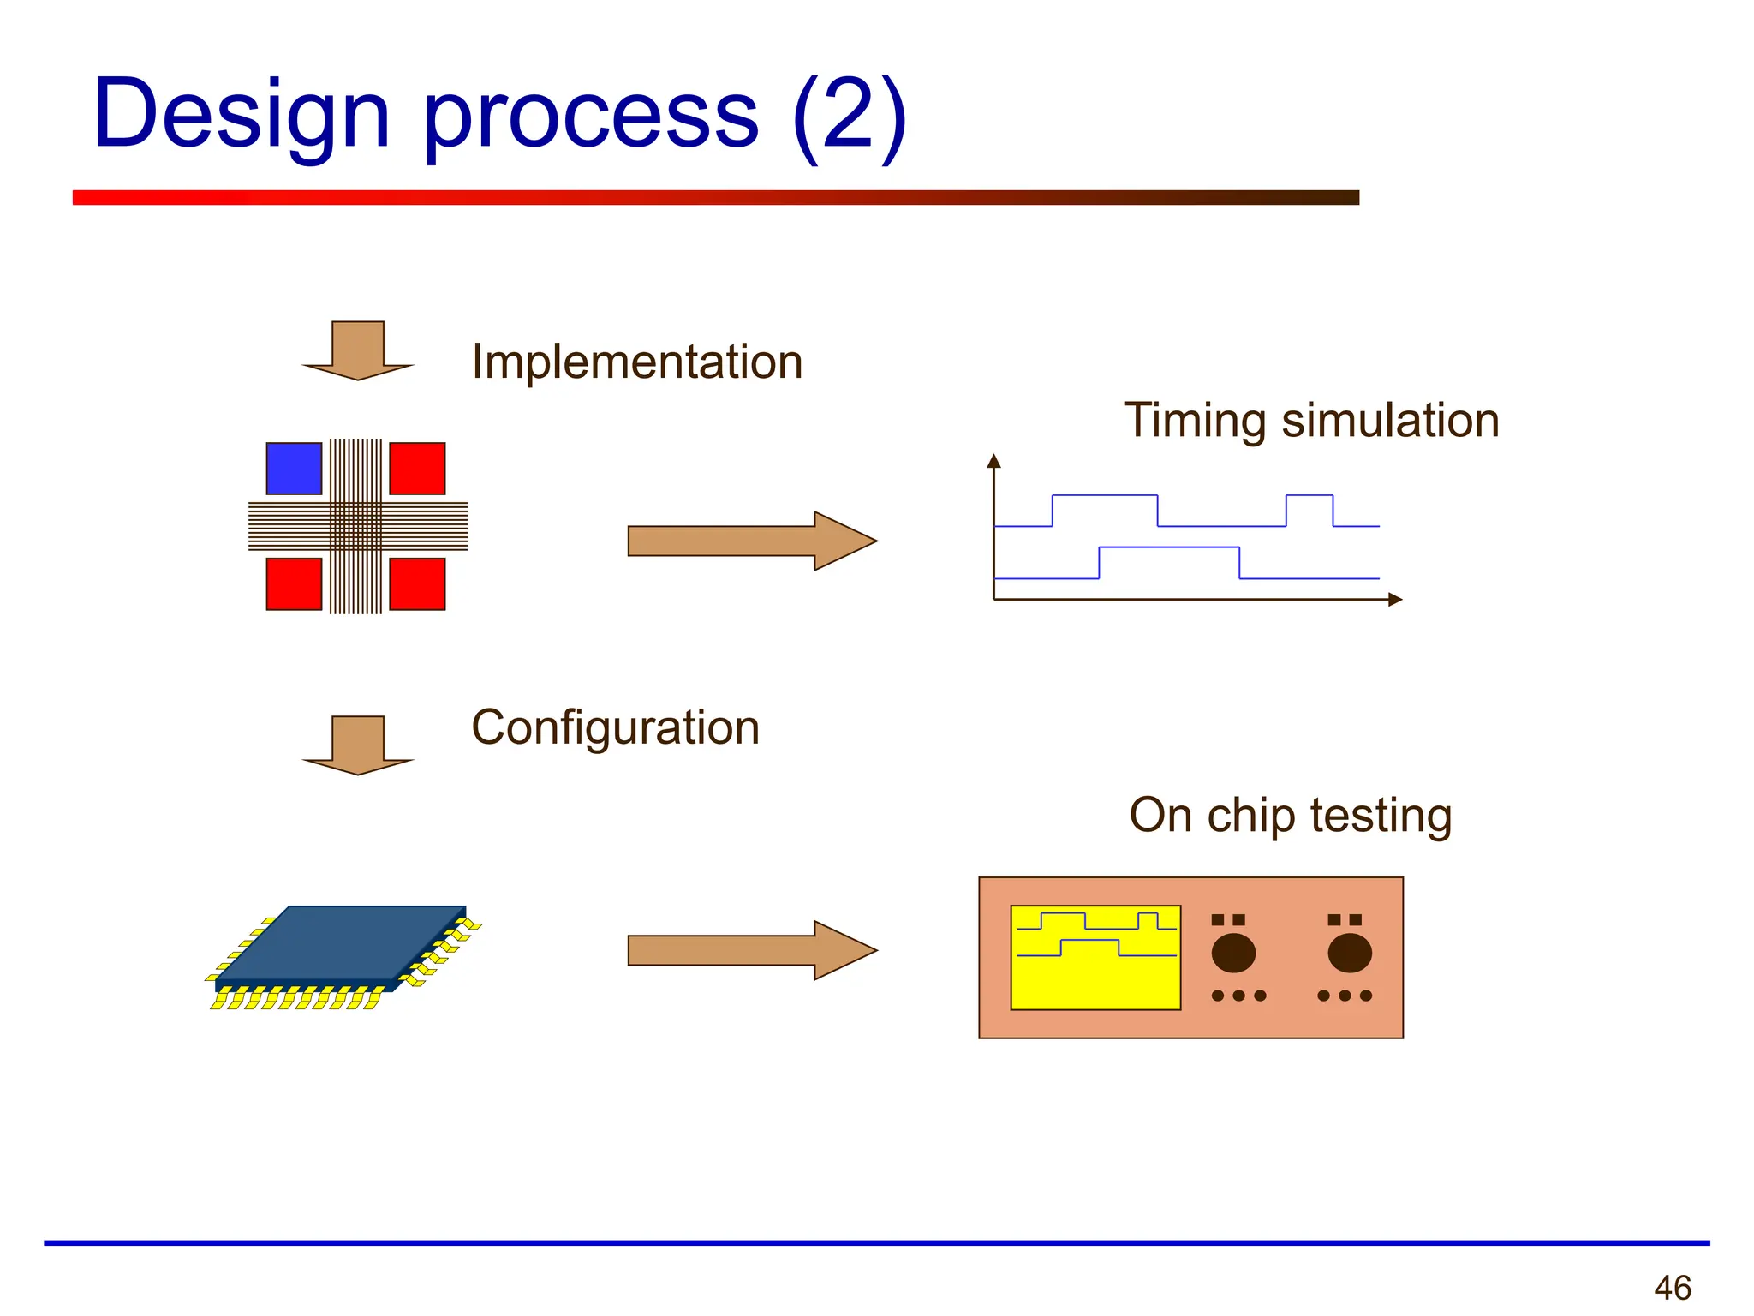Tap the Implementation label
coord(637,362)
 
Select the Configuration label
coord(615,727)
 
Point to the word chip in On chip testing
coord(1251,816)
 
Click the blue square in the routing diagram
coord(294,469)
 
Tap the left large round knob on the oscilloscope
coord(1233,953)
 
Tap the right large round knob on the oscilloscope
coord(1350,953)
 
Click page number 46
coord(1672,1288)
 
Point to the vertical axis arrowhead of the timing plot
coord(993,461)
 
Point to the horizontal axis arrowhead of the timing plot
coord(1395,600)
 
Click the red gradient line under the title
coord(715,198)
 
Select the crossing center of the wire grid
coord(356,526)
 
